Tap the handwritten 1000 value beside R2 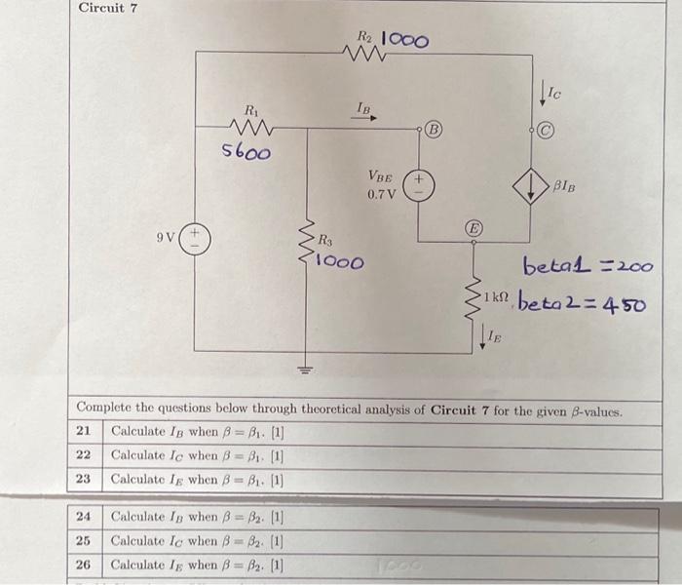tap(403, 40)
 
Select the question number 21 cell tap(85, 431)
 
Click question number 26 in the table tap(85, 564)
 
